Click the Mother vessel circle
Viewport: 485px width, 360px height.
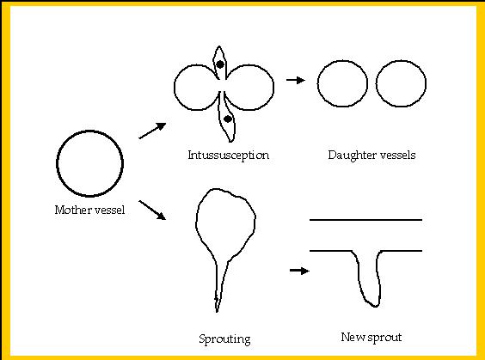click(57, 164)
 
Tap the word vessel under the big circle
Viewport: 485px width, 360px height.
click(109, 211)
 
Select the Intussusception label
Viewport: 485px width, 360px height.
click(228, 156)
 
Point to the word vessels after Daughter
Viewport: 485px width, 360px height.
click(397, 155)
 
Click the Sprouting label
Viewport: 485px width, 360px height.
click(224, 339)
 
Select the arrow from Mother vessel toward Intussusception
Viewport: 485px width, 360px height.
click(152, 131)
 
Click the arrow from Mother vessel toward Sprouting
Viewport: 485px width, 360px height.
click(152, 211)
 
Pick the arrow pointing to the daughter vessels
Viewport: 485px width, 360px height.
click(296, 81)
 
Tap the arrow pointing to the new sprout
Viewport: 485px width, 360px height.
click(299, 271)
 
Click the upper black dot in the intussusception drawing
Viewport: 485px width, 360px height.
click(220, 64)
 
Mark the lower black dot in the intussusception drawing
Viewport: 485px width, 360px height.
click(228, 119)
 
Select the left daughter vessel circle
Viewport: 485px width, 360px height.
click(317, 83)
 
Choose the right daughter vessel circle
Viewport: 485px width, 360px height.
click(377, 83)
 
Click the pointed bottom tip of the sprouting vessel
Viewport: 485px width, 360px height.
click(217, 312)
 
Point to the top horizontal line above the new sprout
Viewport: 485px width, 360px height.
click(366, 220)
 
